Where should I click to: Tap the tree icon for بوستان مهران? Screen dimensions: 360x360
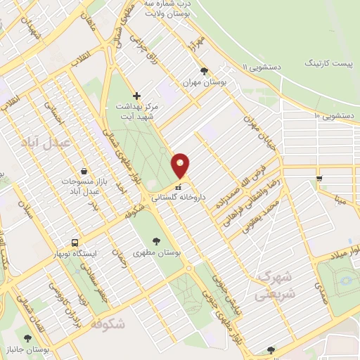(204, 71)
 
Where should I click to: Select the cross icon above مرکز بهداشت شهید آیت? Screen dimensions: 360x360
(136, 95)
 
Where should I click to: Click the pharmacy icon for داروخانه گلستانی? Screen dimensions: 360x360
(178, 188)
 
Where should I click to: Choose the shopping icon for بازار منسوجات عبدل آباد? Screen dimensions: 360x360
(84, 171)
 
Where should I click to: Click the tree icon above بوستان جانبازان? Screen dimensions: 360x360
(28, 338)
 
